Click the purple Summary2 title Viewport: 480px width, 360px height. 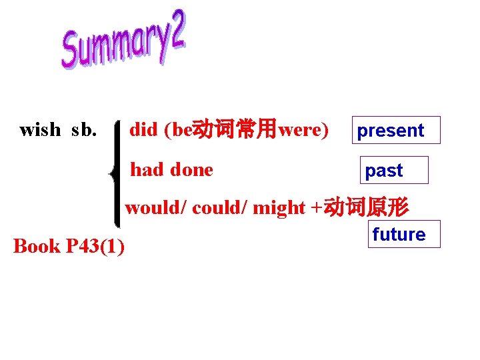(x=123, y=42)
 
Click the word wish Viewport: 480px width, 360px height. (x=40, y=129)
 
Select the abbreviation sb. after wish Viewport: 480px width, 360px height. (x=84, y=129)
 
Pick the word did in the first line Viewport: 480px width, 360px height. (x=143, y=129)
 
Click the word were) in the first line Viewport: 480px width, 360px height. (x=303, y=129)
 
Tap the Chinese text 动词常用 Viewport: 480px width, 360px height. (x=235, y=129)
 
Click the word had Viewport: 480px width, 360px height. (x=147, y=170)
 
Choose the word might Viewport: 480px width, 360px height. (x=279, y=208)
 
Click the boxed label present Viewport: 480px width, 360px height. (x=391, y=131)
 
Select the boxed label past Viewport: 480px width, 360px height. (x=384, y=171)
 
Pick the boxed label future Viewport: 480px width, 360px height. (x=399, y=235)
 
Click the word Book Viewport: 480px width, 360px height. (x=37, y=246)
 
